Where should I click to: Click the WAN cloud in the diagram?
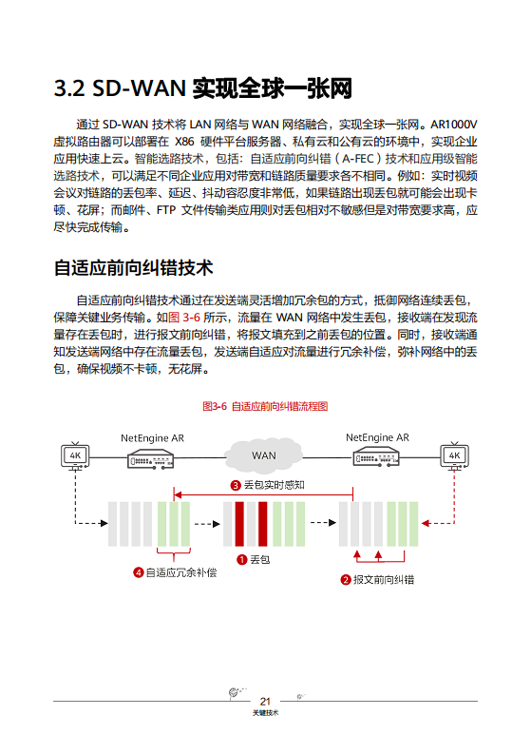coord(263,455)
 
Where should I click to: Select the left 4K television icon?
coord(75,455)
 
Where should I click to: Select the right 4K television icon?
coord(453,455)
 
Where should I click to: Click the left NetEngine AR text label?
coord(152,438)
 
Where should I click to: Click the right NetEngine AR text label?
coord(377,438)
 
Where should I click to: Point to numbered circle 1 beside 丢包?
coord(242,560)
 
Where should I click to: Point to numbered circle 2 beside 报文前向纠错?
coord(346,579)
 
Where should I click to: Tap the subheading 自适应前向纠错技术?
coord(133,267)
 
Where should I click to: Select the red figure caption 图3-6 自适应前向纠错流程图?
coord(265,406)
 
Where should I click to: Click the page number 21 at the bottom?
coord(266,701)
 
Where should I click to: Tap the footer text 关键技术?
coord(266,713)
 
